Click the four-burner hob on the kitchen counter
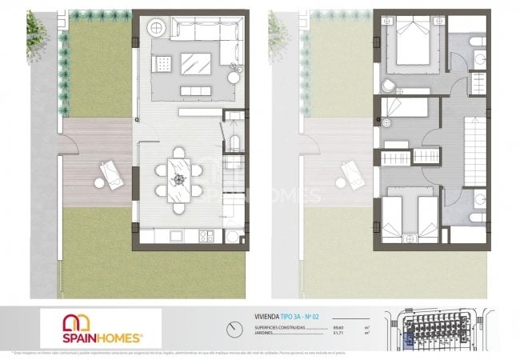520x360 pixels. coord(205,236)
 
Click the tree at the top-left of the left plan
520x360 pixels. coord(36,28)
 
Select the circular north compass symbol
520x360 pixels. coord(233,327)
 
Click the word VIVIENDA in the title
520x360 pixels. coord(268,317)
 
